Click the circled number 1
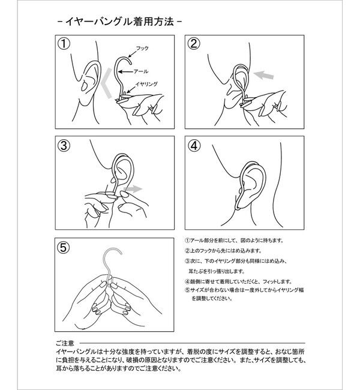(62, 44)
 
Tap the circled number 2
(193, 44)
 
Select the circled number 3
(62, 146)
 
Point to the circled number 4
(193, 146)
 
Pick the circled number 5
(62, 247)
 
